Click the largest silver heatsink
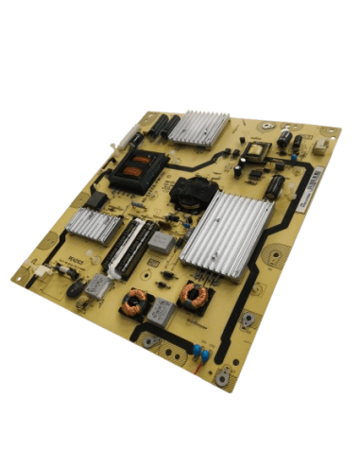pyautogui.click(x=226, y=232)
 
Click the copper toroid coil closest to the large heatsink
pyautogui.click(x=197, y=295)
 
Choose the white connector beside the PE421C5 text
pyautogui.click(x=42, y=271)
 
